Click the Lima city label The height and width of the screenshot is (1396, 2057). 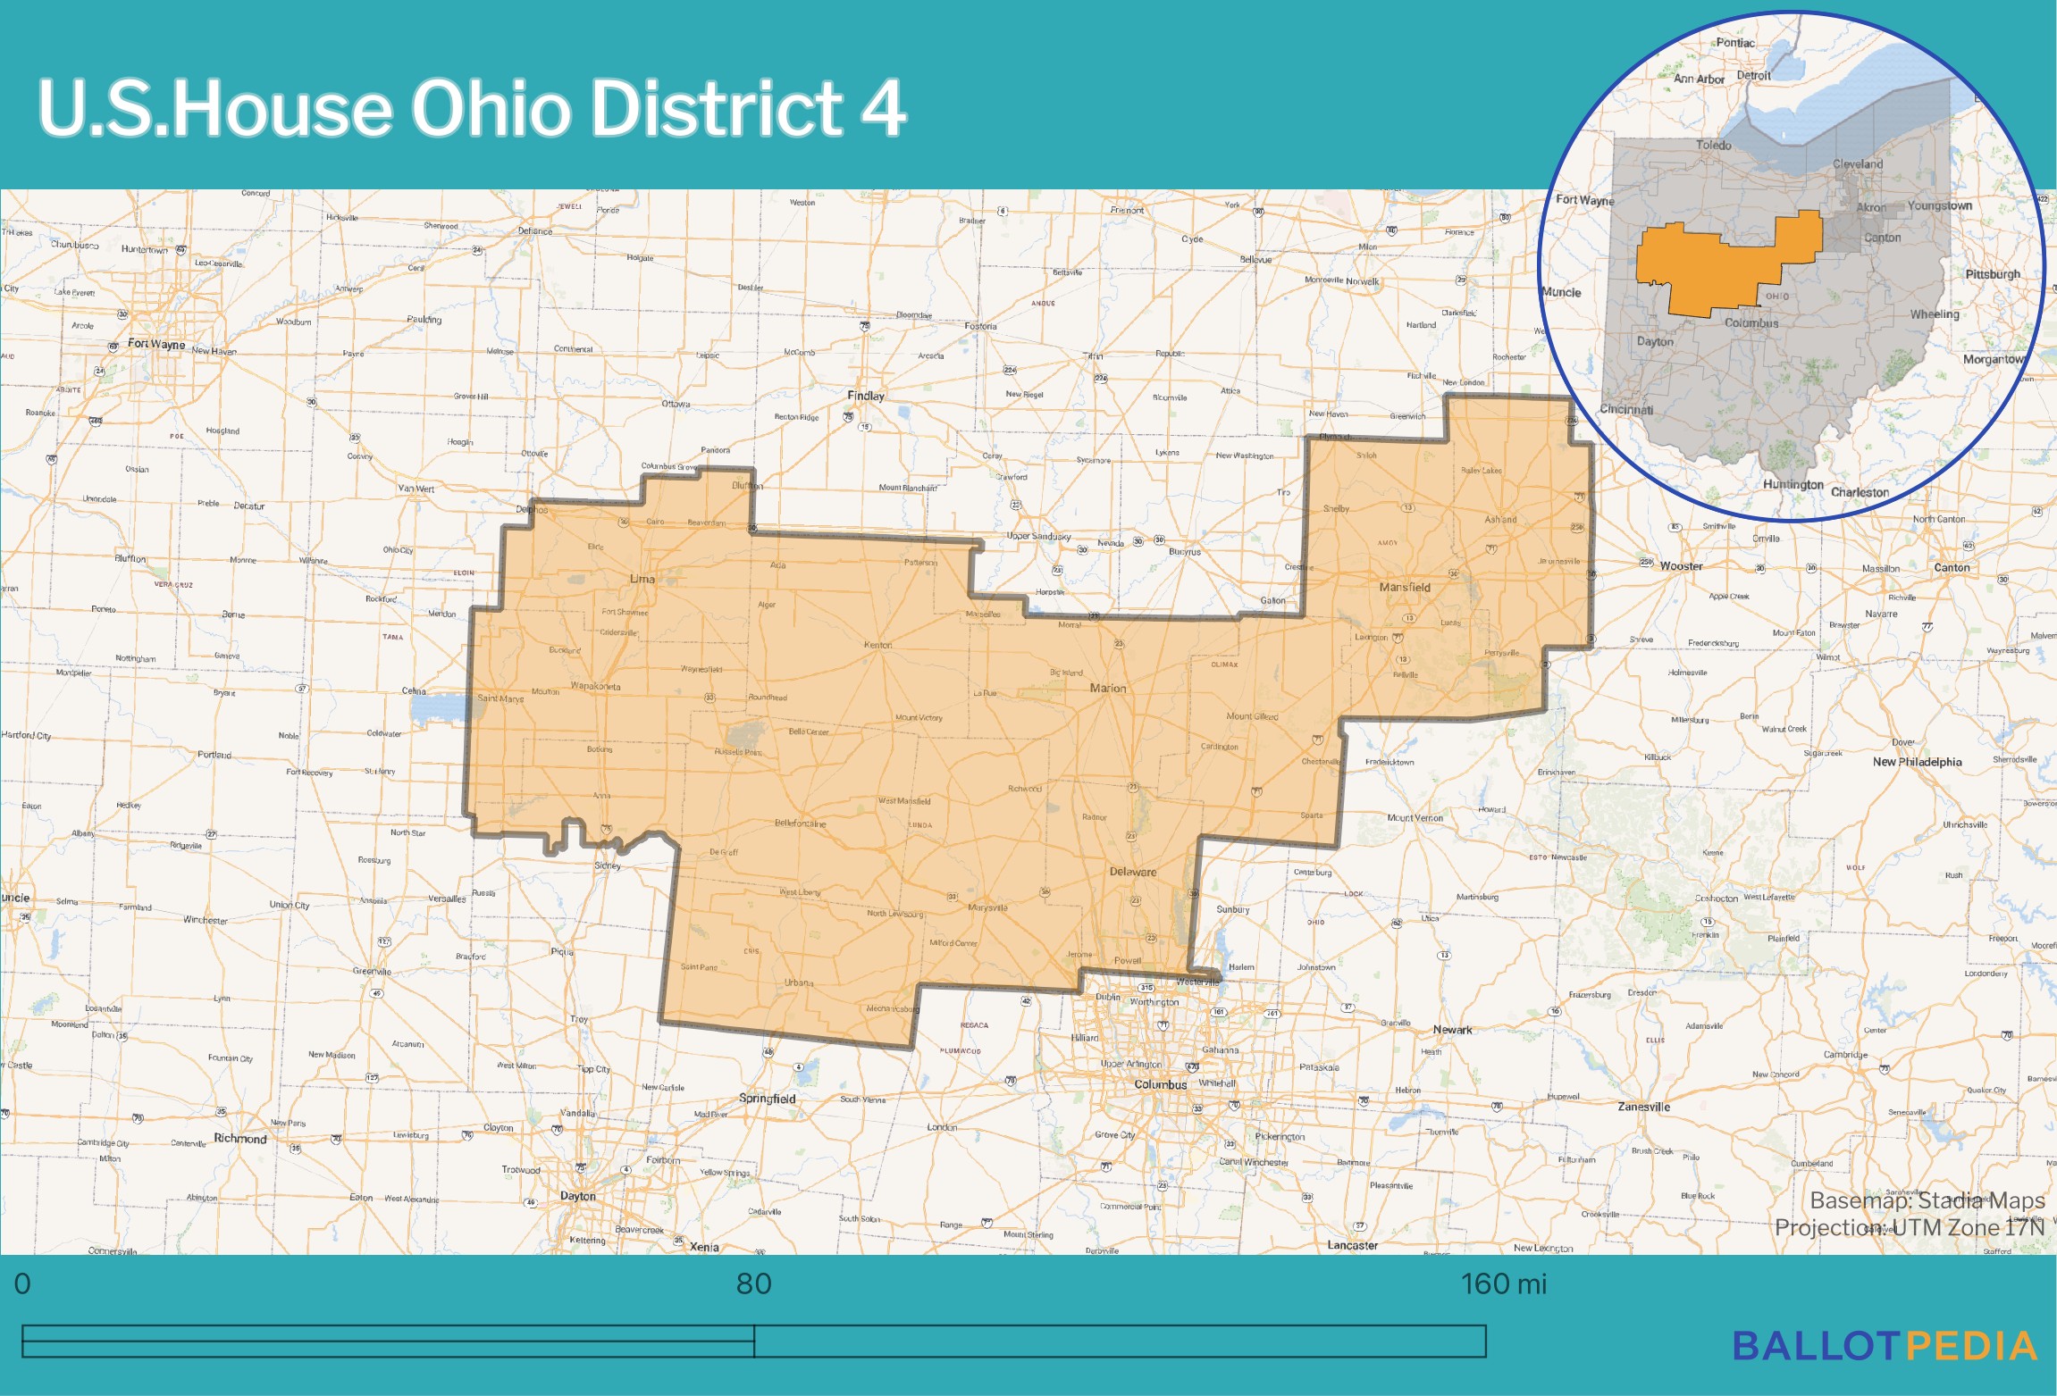tap(642, 579)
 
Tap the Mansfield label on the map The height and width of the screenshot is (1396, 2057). tap(1405, 588)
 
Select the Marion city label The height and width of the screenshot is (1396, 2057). tap(1108, 689)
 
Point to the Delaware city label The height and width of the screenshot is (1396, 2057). tap(1133, 872)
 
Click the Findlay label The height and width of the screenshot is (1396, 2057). tap(866, 396)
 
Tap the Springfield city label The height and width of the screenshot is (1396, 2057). tap(767, 1099)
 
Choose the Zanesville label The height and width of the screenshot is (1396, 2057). tap(1643, 1107)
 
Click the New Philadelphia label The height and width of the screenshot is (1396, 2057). tap(1917, 762)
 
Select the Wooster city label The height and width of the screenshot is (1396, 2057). tap(1681, 566)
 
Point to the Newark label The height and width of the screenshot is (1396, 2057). tap(1452, 1030)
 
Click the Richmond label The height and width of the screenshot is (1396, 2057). tap(239, 1139)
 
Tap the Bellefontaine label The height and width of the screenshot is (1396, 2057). tap(800, 823)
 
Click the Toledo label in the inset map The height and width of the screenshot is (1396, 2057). tap(1713, 145)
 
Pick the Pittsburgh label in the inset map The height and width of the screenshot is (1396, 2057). tap(1992, 274)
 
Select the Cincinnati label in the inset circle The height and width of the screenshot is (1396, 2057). tap(1626, 410)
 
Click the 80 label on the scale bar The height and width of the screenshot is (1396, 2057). tap(753, 1284)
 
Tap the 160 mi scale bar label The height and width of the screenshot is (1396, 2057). tap(1503, 1284)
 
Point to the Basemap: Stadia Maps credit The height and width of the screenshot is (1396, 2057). tap(1927, 1200)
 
